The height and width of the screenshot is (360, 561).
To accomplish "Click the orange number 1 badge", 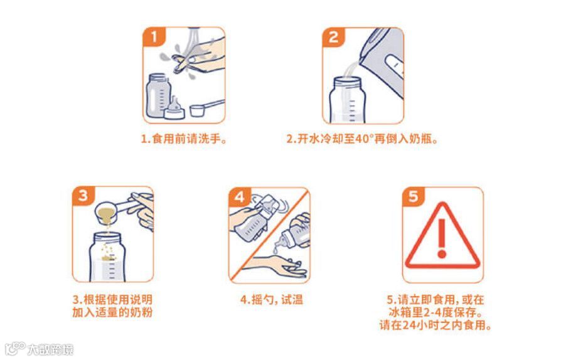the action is point(154,36).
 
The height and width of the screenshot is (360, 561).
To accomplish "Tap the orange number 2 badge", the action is point(333,36).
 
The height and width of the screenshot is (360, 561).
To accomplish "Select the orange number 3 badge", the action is point(83,196).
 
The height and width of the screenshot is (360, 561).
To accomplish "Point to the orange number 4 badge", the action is point(239,196).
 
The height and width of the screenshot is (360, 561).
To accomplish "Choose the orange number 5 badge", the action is point(414,196).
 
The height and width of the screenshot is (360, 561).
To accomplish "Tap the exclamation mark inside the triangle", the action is point(442,238).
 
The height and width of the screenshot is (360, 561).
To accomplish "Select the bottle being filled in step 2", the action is point(348,100).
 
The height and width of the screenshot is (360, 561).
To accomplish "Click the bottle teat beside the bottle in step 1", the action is point(174,109).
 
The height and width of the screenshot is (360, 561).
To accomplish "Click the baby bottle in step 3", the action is point(107,257).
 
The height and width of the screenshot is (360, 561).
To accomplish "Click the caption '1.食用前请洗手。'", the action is point(184,139).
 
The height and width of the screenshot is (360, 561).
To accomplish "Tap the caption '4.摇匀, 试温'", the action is point(272,300).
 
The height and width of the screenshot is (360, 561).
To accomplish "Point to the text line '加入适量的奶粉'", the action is point(112,312).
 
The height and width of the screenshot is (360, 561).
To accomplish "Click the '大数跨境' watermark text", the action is point(50,349).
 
